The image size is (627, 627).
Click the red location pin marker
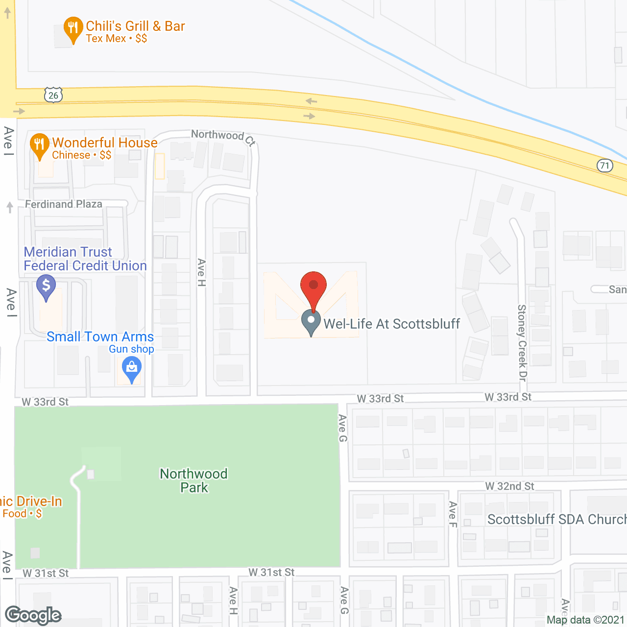[313, 287]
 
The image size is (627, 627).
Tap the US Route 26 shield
[53, 95]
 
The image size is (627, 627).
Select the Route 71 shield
[605, 166]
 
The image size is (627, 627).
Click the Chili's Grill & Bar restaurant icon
[73, 28]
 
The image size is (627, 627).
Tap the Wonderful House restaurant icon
[40, 145]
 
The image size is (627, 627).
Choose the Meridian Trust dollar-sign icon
[46, 287]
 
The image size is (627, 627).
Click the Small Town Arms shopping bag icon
[131, 368]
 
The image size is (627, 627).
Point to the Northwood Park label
[194, 481]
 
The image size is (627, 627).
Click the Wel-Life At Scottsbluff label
[392, 324]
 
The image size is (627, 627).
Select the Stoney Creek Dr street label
[522, 343]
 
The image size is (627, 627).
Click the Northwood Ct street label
[223, 137]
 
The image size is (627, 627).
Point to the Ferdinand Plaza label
[64, 204]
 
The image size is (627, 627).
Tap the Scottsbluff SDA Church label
[556, 519]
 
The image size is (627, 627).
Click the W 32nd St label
[509, 486]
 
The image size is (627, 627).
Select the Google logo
[33, 615]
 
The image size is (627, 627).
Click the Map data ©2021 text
[585, 620]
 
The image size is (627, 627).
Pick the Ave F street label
[453, 514]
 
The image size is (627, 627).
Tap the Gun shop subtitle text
[131, 349]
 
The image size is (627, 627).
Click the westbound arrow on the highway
[311, 101]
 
